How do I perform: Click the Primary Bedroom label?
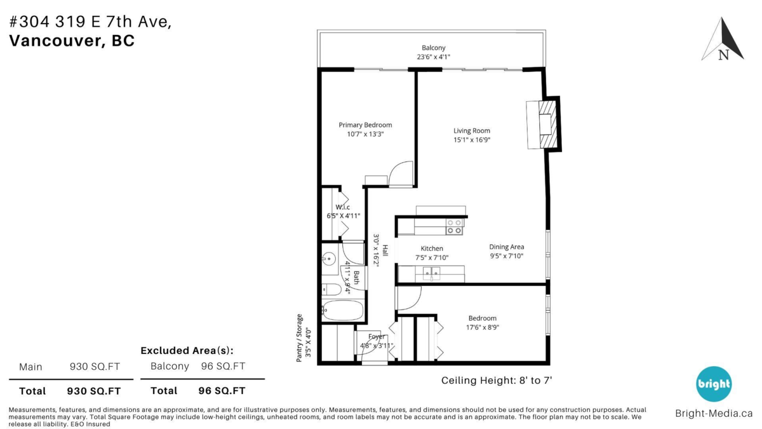pyautogui.click(x=365, y=125)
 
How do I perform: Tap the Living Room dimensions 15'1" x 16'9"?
pyautogui.click(x=472, y=140)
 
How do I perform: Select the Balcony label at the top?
pyautogui.click(x=433, y=48)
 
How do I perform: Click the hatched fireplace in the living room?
pyautogui.click(x=549, y=125)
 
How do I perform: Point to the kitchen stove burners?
pyautogui.click(x=455, y=227)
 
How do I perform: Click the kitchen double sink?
pyautogui.click(x=431, y=273)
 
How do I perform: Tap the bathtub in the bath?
pyautogui.click(x=343, y=310)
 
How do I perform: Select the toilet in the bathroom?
pyautogui.click(x=331, y=290)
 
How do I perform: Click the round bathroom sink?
pyautogui.click(x=329, y=259)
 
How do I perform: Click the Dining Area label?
pyautogui.click(x=507, y=247)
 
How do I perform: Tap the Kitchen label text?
pyautogui.click(x=432, y=249)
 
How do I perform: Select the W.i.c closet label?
pyautogui.click(x=342, y=207)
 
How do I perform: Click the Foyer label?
pyautogui.click(x=376, y=336)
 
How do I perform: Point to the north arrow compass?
pyautogui.click(x=723, y=39)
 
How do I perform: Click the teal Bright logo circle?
pyautogui.click(x=713, y=384)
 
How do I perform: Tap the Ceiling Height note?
pyautogui.click(x=497, y=380)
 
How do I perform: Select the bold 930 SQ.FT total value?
pyautogui.click(x=93, y=391)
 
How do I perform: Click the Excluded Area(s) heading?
pyautogui.click(x=187, y=350)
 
